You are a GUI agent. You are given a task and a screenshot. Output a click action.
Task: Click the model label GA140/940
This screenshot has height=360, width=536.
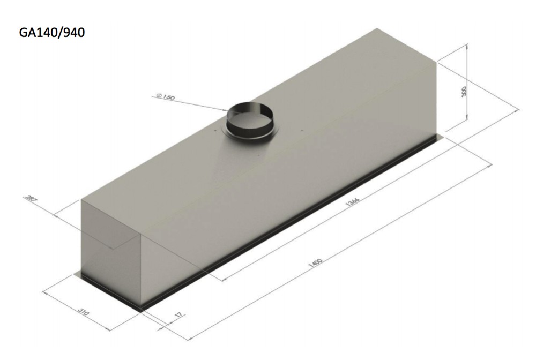point(52,33)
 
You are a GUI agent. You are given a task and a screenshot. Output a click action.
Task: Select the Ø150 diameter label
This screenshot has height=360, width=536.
point(166,97)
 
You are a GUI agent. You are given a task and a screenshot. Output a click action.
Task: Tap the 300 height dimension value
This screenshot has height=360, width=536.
point(464,92)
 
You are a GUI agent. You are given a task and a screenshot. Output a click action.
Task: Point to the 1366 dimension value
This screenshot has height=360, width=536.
point(353,202)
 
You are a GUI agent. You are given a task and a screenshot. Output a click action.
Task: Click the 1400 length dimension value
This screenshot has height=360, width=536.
point(315,262)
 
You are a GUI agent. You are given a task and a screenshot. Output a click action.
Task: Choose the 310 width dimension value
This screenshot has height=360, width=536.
point(84,312)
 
